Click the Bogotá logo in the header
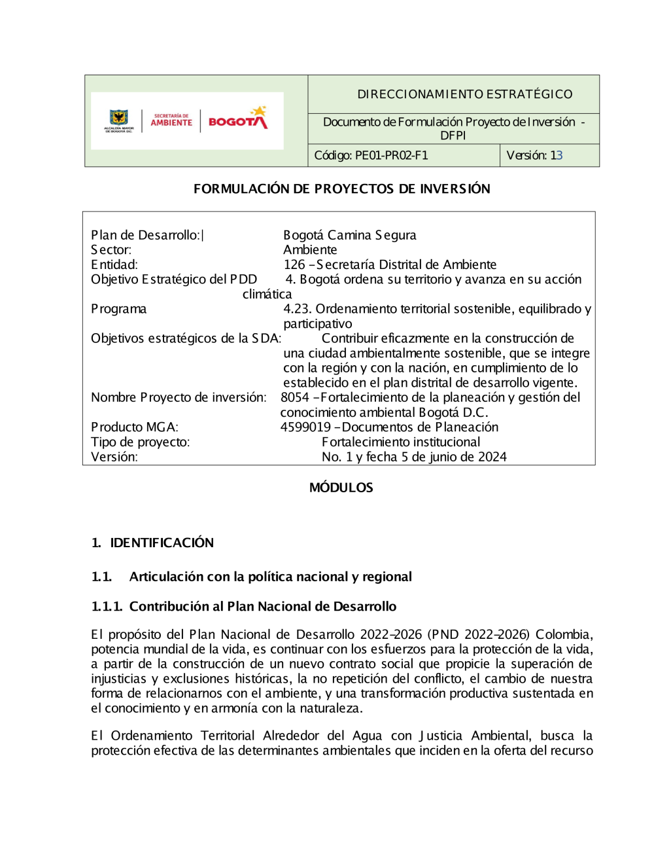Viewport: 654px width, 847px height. [x=238, y=119]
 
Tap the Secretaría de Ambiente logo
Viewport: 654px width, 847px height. [x=171, y=120]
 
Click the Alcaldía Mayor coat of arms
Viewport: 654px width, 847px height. [x=118, y=119]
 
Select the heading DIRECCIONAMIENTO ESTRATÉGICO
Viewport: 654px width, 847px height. [x=464, y=94]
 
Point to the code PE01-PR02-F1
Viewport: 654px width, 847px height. [x=391, y=156]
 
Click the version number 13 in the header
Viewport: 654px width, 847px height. [x=556, y=156]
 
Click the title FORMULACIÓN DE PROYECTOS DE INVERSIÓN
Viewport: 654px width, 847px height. [x=341, y=189]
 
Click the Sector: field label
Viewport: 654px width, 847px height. [x=111, y=250]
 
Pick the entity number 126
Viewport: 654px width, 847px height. [x=294, y=265]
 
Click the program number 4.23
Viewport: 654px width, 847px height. [x=296, y=309]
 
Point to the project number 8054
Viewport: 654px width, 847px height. [x=294, y=398]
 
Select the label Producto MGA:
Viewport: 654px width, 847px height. [x=134, y=427]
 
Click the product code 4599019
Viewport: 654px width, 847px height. [x=305, y=427]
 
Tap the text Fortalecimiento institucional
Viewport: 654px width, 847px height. [x=401, y=442]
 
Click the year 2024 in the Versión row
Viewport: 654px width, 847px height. [x=492, y=458]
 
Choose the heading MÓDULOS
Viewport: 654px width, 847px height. [x=341, y=488]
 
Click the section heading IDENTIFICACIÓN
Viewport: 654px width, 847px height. [x=162, y=543]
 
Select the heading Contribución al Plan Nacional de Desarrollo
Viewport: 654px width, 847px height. [x=262, y=607]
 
